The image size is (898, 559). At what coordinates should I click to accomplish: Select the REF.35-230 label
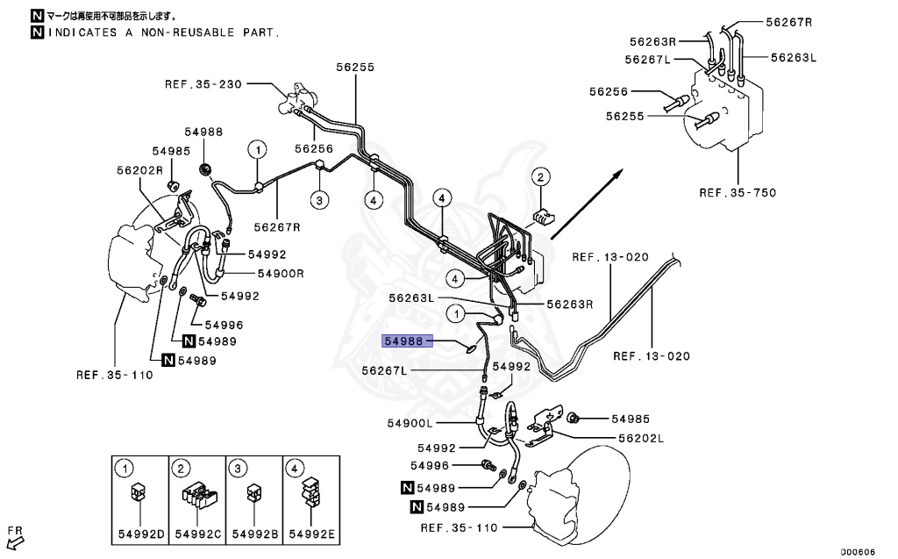[x=203, y=84]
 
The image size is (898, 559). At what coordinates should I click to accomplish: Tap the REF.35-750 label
[x=738, y=192]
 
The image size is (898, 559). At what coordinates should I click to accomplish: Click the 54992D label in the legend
[x=138, y=534]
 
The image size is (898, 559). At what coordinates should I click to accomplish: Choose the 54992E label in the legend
[x=308, y=534]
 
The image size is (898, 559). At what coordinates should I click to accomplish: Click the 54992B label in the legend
[x=253, y=534]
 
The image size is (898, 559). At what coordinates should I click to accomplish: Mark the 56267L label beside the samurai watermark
[x=386, y=371]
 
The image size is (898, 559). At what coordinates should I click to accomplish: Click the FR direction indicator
[x=14, y=534]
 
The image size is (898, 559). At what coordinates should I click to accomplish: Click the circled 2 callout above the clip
[x=541, y=178]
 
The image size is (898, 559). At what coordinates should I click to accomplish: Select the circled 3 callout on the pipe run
[x=320, y=200]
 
